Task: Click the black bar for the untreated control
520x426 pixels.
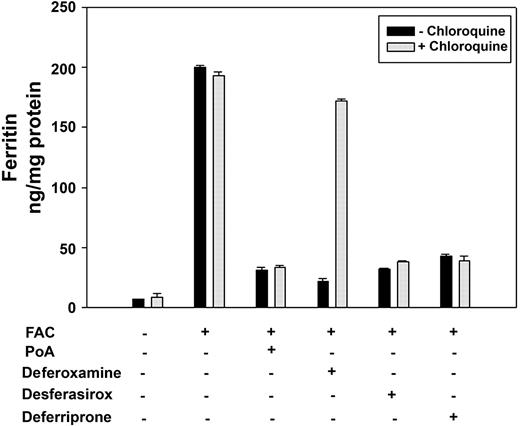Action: [138, 303]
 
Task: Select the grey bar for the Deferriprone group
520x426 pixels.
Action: [464, 284]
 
